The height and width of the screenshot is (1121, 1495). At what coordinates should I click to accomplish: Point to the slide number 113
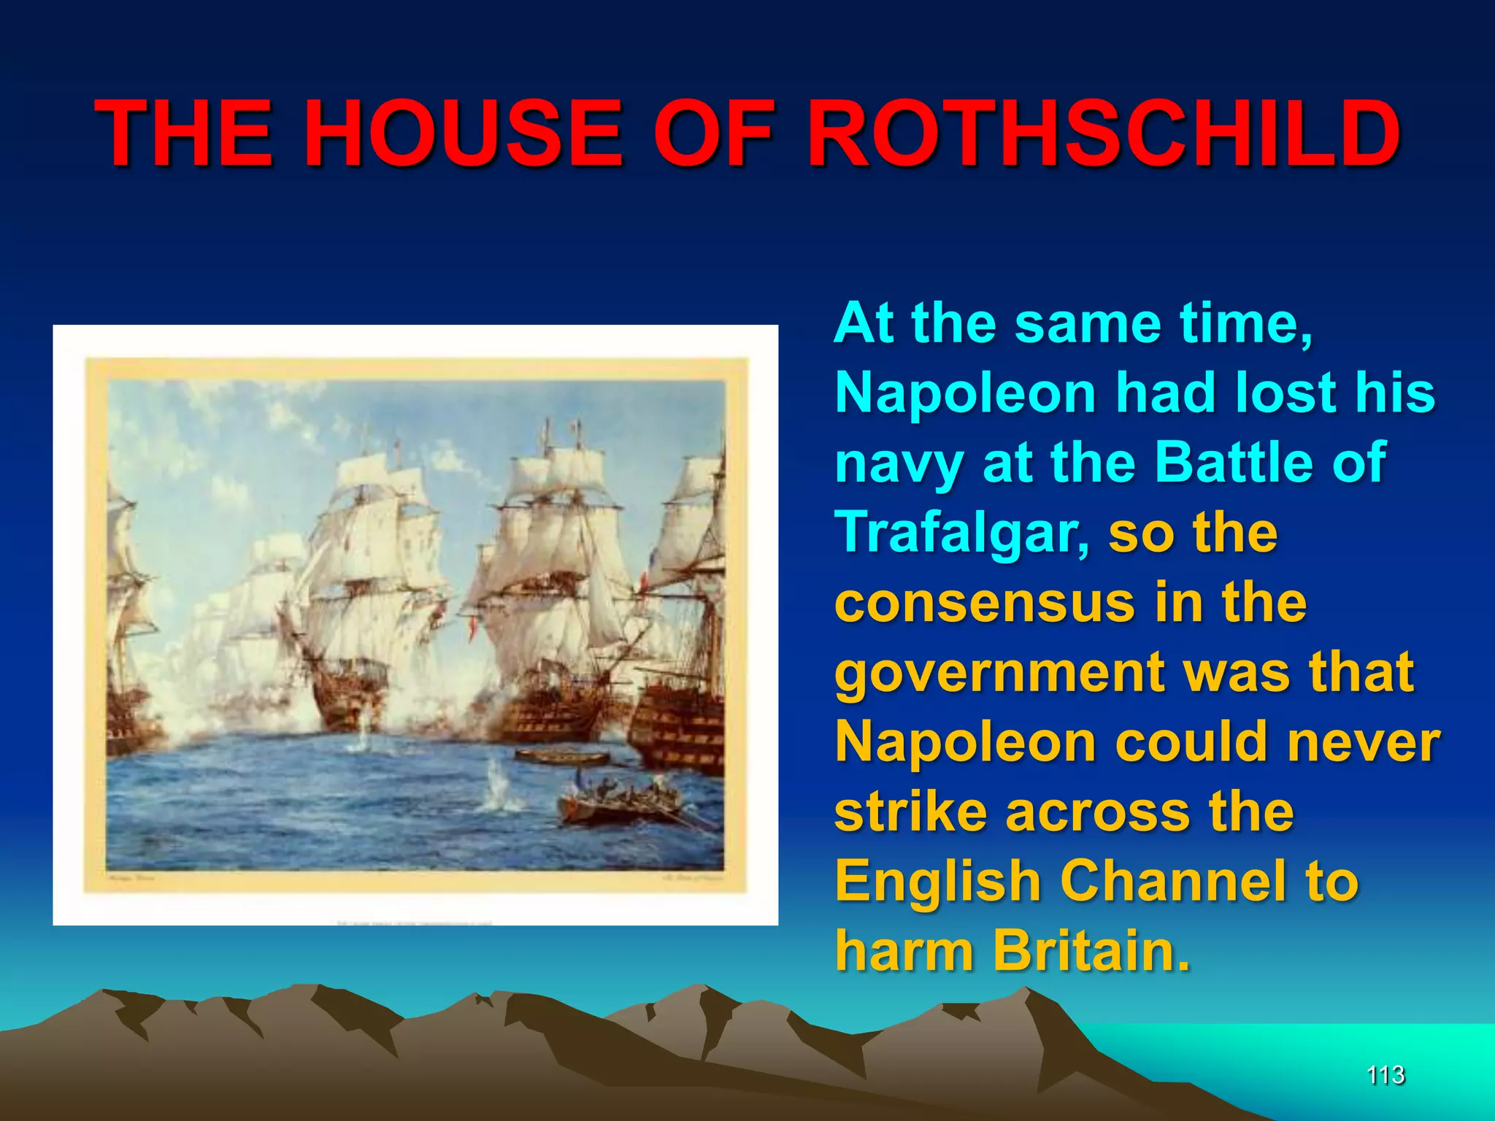pyautogui.click(x=1385, y=1075)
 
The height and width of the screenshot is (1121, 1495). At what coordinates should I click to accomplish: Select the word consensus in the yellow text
pyautogui.click(x=986, y=604)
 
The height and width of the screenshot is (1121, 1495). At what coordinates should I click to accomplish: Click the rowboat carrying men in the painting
pyautogui.click(x=620, y=803)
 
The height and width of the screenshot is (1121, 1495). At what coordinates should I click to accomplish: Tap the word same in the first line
pyautogui.click(x=1088, y=323)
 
